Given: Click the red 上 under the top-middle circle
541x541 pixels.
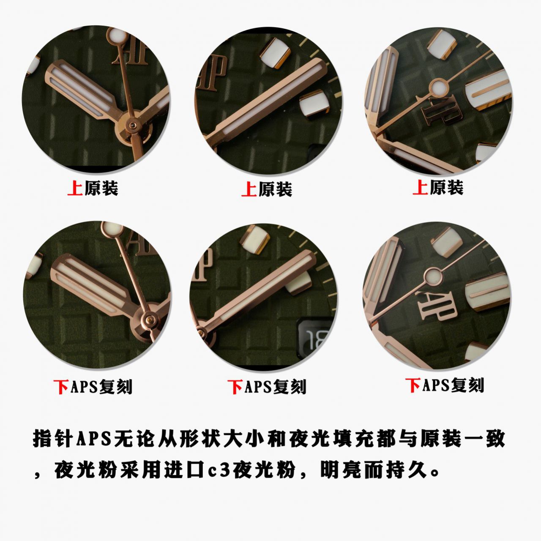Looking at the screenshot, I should (249, 189).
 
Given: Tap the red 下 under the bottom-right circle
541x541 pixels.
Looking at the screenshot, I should (413, 385).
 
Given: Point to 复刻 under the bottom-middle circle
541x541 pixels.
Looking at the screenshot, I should (290, 387).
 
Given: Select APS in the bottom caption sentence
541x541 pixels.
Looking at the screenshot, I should (93, 439).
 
